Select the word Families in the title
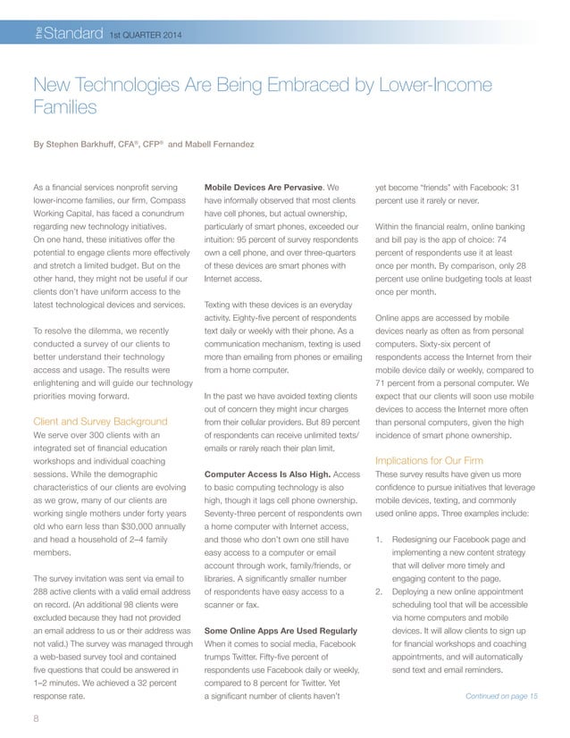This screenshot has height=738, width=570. pyautogui.click(x=63, y=108)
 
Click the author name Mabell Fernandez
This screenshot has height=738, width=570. pyautogui.click(x=217, y=143)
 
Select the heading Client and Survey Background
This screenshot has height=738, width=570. pyautogui.click(x=99, y=420)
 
